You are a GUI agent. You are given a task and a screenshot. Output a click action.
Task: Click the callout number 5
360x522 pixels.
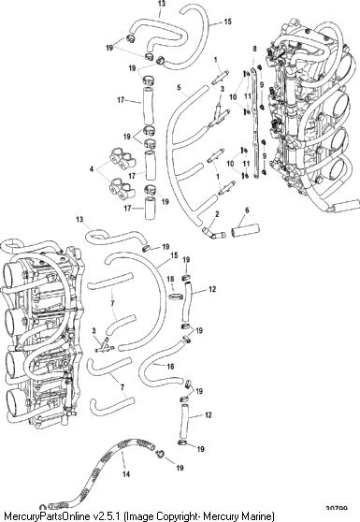[179, 88]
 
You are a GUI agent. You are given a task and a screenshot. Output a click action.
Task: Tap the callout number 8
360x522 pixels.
[255, 49]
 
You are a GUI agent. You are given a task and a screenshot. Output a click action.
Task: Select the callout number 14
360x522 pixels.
[126, 473]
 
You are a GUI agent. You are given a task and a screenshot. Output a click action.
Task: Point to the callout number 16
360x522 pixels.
[170, 367]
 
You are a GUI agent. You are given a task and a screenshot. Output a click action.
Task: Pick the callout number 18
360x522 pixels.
[170, 279]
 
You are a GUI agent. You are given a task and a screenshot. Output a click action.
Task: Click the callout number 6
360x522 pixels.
[247, 210]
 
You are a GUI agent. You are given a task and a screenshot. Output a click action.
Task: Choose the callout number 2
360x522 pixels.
[217, 214]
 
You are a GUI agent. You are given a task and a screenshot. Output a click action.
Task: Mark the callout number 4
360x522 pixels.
[92, 169]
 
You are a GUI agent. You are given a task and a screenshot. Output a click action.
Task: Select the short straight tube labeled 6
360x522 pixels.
[246, 230]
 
